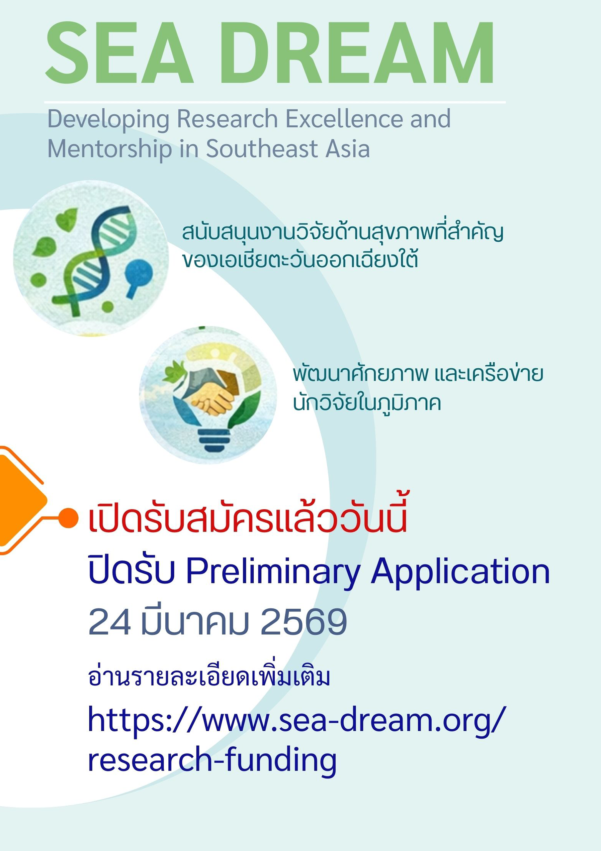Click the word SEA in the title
(120, 53)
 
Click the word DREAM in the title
(358, 53)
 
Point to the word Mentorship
(110, 149)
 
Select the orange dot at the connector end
(68, 518)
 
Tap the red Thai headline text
(247, 513)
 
